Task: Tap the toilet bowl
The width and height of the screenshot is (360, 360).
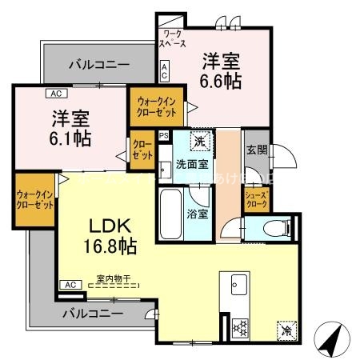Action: (274, 228)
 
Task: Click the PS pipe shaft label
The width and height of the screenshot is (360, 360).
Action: (163, 136)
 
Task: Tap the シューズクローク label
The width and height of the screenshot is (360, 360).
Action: (256, 199)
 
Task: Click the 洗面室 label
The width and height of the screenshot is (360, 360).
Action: (192, 165)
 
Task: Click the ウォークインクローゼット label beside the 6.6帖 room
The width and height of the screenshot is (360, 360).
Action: (157, 106)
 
